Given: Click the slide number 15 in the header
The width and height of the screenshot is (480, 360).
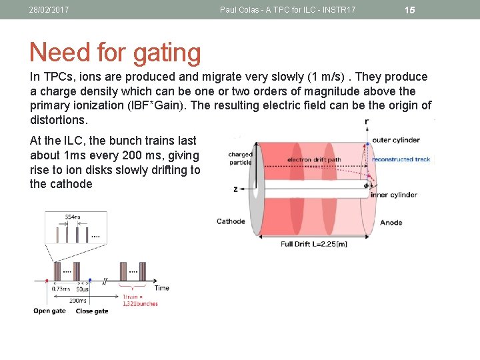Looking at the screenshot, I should (x=410, y=10).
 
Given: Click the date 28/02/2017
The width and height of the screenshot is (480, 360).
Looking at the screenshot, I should (x=49, y=10).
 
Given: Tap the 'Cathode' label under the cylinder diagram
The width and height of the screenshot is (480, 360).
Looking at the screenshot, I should (x=231, y=221).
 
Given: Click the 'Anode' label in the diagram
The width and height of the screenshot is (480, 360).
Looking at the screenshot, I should (x=391, y=222).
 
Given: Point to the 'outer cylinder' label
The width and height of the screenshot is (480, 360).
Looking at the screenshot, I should (x=396, y=140).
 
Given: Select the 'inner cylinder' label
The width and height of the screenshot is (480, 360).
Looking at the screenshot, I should (x=395, y=195).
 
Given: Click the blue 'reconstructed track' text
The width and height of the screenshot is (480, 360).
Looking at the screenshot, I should (x=401, y=159).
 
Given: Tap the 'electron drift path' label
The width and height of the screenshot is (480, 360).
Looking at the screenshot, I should (x=314, y=160).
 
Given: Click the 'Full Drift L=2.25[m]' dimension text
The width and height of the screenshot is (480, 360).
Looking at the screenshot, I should (x=313, y=244).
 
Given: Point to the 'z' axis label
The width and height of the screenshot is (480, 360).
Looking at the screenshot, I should (x=235, y=189).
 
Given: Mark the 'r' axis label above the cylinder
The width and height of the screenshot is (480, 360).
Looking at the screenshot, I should (x=367, y=121).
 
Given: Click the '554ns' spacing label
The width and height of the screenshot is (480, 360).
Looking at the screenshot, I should (x=73, y=217).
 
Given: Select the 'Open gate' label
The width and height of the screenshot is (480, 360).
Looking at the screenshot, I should (x=50, y=311).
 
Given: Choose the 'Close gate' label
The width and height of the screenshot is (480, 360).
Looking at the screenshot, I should (x=92, y=311).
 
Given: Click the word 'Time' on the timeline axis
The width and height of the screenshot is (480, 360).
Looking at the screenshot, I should (x=162, y=288).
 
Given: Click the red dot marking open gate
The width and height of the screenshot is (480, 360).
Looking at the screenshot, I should (x=47, y=281).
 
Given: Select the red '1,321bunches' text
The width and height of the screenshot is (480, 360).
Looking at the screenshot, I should (x=140, y=303).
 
